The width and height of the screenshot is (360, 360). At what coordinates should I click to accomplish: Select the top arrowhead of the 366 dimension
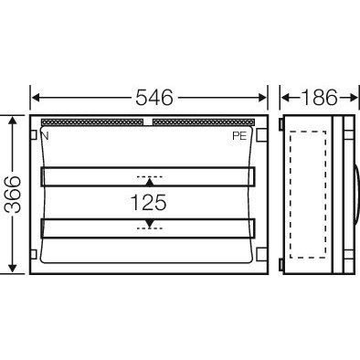12,120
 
